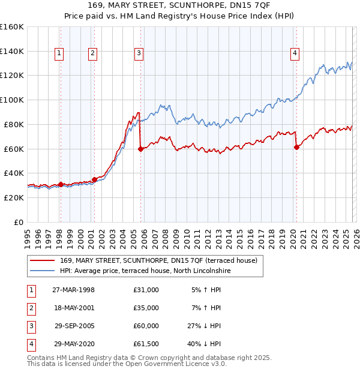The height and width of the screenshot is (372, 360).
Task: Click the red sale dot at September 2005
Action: (x=140, y=149)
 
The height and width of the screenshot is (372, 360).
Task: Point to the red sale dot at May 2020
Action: (x=296, y=147)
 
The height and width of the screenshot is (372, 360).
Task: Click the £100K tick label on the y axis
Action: (x=12, y=100)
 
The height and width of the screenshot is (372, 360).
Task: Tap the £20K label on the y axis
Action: (x=14, y=197)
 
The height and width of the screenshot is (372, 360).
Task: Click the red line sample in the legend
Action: (x=43, y=260)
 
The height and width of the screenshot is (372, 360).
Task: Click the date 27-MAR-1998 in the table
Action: (x=73, y=290)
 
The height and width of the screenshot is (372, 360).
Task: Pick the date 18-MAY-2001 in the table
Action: (x=73, y=308)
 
